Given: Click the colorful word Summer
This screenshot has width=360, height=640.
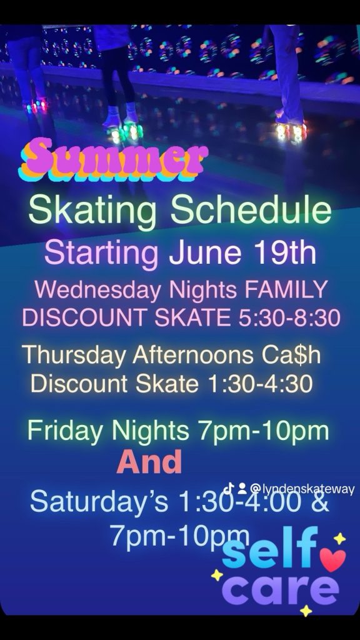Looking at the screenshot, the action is tap(113, 160).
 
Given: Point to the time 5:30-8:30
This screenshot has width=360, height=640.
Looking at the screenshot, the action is tap(289, 318).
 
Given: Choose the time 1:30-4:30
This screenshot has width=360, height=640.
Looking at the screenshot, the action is tap(261, 384).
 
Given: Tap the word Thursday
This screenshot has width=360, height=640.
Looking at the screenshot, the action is tap(74, 356).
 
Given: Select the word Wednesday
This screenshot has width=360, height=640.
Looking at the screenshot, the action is tap(98, 290).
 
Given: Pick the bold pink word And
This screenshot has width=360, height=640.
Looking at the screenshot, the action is tap(149, 462).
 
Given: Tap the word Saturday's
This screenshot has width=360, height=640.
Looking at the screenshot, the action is tap(99, 501).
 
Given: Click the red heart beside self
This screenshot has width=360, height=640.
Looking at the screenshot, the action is tap(332, 559).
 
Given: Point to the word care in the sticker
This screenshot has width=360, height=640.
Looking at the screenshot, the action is tap(281, 589).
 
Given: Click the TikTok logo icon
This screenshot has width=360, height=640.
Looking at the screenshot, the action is tap(229, 488).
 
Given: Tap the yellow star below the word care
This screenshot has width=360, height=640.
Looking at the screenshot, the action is tap(306, 611).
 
